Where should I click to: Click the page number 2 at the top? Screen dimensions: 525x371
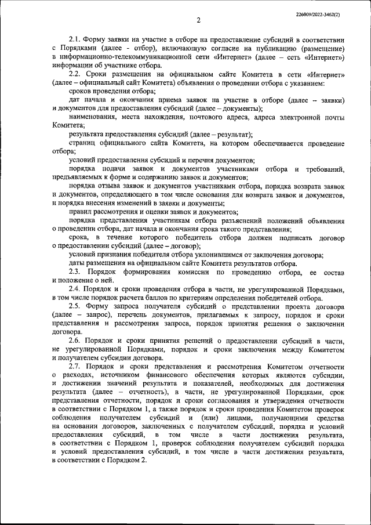(x=198, y=21)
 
